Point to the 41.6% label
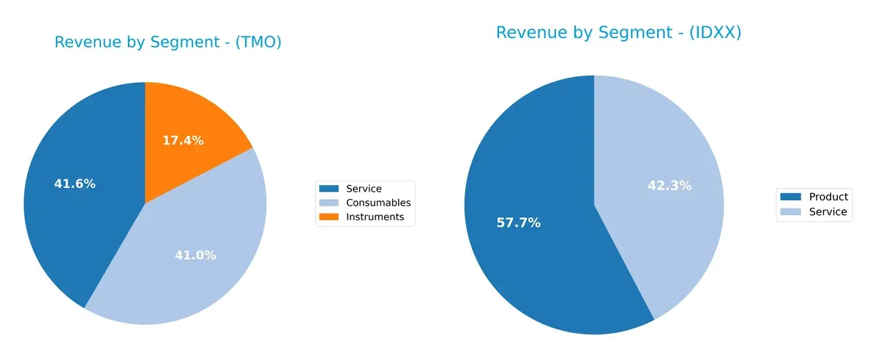[75, 184]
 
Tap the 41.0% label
[195, 255]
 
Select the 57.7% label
[518, 222]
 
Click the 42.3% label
[669, 186]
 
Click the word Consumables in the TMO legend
[378, 203]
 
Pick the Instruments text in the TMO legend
[375, 217]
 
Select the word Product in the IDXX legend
[828, 197]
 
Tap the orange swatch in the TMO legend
[330, 217]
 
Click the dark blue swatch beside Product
[790, 197]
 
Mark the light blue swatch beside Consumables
[330, 203]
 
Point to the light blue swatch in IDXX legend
[790, 212]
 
